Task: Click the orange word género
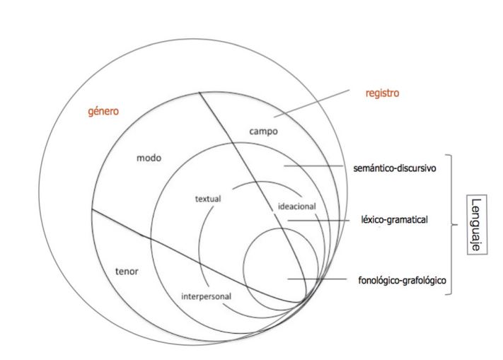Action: coord(103,112)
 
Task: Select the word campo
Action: coord(264,131)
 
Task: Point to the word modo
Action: coord(149,158)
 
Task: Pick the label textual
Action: coord(208,199)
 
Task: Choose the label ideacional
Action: coord(297,207)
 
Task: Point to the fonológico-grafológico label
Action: coord(403,279)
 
